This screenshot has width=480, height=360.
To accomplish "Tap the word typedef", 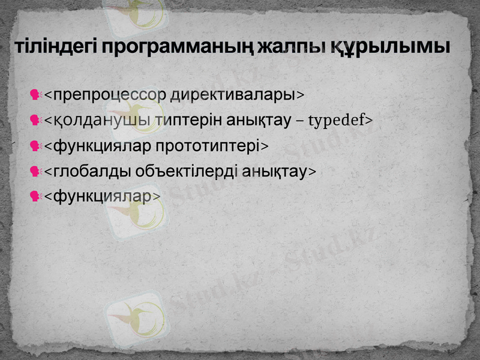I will tap(338, 121).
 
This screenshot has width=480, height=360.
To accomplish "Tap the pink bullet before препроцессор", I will tap(35, 95).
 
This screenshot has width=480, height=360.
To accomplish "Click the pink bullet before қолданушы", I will tap(35, 120).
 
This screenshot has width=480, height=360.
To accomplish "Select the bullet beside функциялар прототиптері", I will tap(35, 145).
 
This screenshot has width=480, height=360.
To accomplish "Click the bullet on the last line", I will tap(35, 196).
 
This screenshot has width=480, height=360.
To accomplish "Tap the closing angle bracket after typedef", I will tap(369, 121).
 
